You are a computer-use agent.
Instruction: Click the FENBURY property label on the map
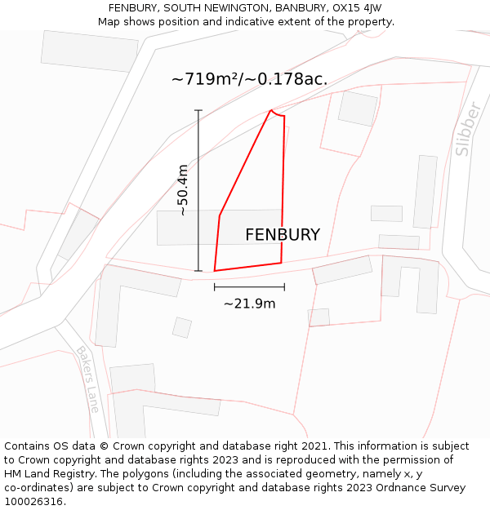[283, 235]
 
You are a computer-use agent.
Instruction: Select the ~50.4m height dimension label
[183, 190]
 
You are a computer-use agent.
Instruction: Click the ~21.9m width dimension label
[249, 304]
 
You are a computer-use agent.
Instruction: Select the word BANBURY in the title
[301, 8]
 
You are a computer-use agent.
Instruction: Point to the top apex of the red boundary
[271, 110]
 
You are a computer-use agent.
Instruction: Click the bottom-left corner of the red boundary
[215, 271]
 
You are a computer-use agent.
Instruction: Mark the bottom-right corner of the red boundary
[282, 263]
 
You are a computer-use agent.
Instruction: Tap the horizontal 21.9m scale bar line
[249, 287]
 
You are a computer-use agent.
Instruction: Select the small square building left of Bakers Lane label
[182, 327]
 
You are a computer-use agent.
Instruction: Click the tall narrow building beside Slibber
[425, 192]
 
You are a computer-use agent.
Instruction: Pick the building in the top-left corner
[90, 51]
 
